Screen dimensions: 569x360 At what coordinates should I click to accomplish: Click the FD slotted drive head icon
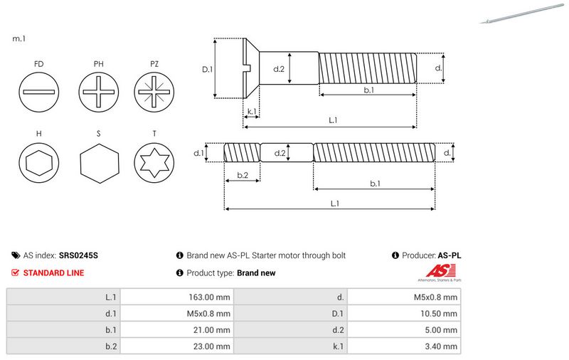point(39,92)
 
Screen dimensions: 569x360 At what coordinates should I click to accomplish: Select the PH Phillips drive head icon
point(98,92)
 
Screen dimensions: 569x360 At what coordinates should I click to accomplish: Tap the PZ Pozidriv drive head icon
point(154,92)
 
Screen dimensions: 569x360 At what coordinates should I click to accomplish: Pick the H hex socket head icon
point(39,162)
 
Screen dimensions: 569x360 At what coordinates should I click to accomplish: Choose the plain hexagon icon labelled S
point(99,164)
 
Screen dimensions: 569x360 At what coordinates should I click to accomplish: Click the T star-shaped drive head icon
point(154,162)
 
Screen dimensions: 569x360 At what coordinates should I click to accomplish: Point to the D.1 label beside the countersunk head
point(207,69)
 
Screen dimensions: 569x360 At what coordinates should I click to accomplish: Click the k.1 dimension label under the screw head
point(252,112)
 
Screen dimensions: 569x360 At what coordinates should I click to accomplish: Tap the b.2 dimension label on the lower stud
point(243,175)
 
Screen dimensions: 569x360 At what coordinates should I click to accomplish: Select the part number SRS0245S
point(78,255)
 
